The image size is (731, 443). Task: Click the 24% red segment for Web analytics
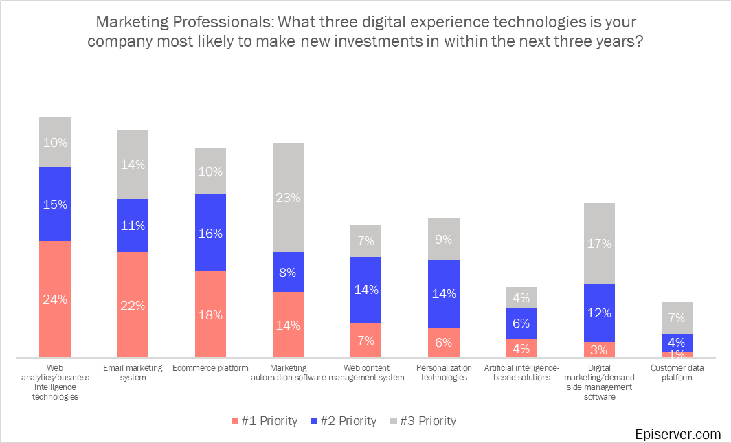pyautogui.click(x=54, y=299)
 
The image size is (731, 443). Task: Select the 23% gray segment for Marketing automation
pyautogui.click(x=288, y=197)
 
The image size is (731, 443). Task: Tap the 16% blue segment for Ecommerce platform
pyautogui.click(x=210, y=233)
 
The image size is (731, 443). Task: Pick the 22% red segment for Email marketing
pyautogui.click(x=133, y=304)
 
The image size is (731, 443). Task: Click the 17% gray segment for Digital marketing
pyautogui.click(x=599, y=243)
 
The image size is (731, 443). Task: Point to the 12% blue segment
pyautogui.click(x=599, y=313)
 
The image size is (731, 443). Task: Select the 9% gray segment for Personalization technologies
pyautogui.click(x=443, y=240)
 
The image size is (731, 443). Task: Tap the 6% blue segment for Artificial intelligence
pyautogui.click(x=521, y=323)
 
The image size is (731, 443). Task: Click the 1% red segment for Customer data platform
pyautogui.click(x=677, y=354)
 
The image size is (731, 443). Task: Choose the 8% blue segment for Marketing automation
pyautogui.click(x=288, y=272)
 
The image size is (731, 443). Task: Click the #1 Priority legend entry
pyautogui.click(x=264, y=421)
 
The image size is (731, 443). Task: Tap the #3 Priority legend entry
pyautogui.click(x=422, y=421)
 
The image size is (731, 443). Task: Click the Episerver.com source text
pyautogui.click(x=677, y=434)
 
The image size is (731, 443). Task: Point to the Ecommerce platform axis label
pyautogui.click(x=210, y=368)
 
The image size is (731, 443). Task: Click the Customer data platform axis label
pyautogui.click(x=677, y=372)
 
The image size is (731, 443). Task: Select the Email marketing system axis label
pyautogui.click(x=133, y=372)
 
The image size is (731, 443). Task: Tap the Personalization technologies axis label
pyautogui.click(x=443, y=372)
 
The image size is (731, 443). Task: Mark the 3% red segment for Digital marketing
pyautogui.click(x=599, y=350)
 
